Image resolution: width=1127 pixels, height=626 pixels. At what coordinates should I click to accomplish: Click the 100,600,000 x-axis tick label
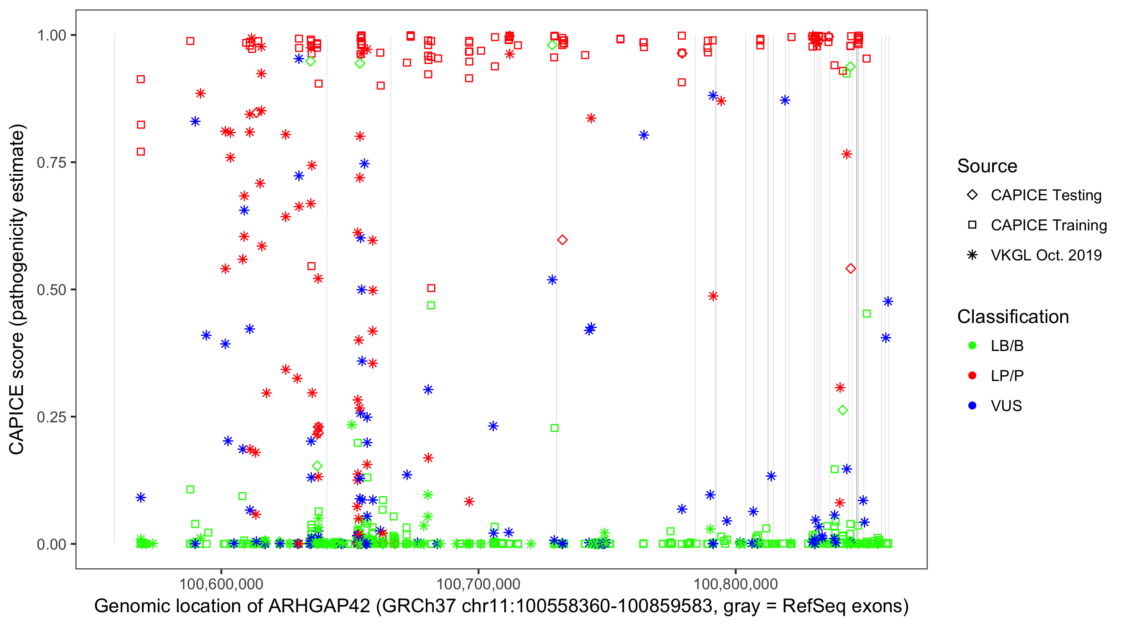point(221,584)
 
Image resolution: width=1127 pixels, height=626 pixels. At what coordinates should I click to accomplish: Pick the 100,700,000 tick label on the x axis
point(478,584)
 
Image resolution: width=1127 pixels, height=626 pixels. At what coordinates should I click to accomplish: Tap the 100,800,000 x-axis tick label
point(735,584)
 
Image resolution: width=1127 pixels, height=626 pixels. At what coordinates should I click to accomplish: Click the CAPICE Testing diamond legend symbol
point(972,195)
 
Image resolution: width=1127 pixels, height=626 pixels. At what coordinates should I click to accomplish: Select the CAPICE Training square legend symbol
point(972,225)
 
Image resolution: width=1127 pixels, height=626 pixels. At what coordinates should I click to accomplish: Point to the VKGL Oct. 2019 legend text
point(1046,255)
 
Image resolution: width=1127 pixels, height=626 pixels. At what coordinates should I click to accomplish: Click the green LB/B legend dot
point(972,346)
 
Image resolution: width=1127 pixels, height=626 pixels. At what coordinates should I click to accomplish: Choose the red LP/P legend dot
point(972,376)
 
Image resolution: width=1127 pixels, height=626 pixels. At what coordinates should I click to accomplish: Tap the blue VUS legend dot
point(972,406)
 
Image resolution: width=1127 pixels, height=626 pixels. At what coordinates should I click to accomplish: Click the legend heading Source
point(987,166)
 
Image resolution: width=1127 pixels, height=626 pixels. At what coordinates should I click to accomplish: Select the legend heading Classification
point(1013,317)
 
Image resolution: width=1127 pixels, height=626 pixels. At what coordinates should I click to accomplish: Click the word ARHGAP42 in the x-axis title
point(319,606)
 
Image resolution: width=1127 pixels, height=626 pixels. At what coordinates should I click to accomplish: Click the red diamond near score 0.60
point(562,240)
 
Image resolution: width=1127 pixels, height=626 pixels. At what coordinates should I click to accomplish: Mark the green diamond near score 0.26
point(843,410)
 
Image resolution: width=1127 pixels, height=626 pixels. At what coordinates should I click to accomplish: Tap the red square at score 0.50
point(431,288)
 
